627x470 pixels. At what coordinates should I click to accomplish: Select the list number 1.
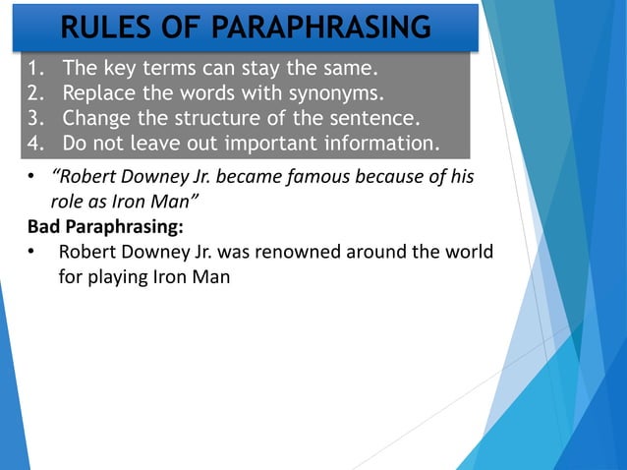[x=36, y=70]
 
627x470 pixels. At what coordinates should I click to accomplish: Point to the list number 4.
[x=36, y=144]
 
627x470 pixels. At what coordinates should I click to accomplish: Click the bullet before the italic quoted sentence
[x=31, y=177]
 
